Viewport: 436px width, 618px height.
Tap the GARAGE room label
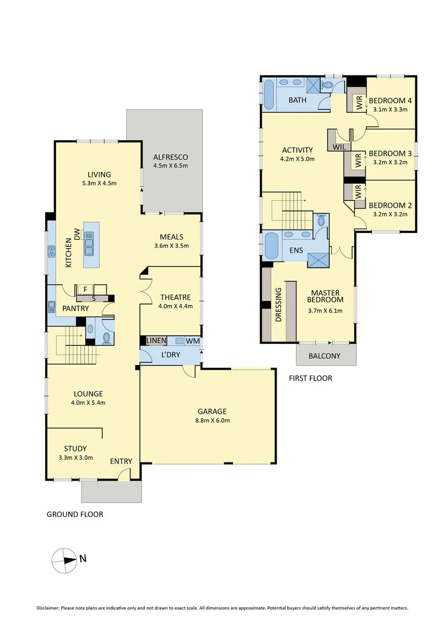tap(212, 411)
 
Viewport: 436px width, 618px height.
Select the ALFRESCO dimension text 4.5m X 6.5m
tap(170, 166)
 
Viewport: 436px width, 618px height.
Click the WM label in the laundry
tap(192, 341)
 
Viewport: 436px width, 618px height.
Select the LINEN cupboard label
tap(156, 341)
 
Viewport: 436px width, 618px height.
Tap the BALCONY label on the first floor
tap(324, 356)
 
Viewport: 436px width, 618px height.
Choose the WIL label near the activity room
tap(339, 147)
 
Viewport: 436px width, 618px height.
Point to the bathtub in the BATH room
tap(269, 95)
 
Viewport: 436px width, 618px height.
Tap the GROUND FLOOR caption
tap(75, 514)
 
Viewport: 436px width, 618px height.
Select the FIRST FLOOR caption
tap(310, 378)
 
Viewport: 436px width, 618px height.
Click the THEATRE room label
tap(175, 297)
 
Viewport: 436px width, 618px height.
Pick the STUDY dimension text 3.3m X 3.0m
tap(75, 458)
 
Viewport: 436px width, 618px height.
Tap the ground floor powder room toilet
tap(107, 338)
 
